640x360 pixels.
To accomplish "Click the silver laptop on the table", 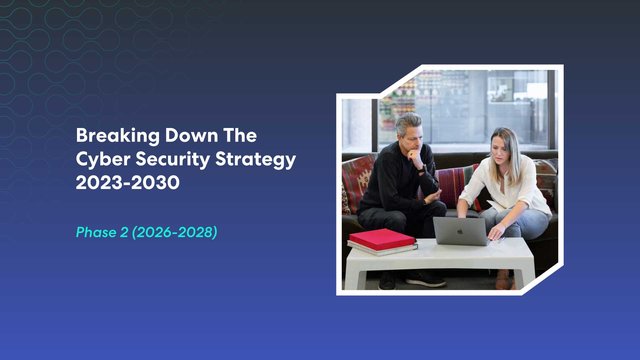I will tap(460, 231).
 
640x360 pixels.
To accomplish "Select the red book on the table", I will tap(381, 239).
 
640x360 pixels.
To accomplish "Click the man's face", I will tap(411, 133).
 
